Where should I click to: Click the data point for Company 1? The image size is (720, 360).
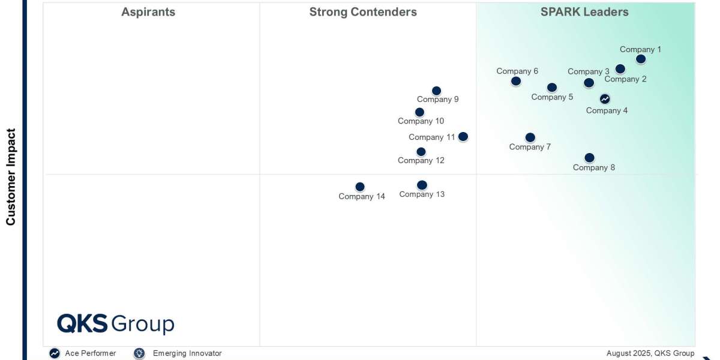641,59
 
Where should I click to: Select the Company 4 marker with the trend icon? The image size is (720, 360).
605,99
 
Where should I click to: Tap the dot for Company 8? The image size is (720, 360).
589,158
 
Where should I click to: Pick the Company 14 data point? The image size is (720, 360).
360,187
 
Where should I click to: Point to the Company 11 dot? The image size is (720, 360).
463,137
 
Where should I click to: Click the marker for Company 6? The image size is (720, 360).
516,81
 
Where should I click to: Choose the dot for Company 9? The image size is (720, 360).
437,91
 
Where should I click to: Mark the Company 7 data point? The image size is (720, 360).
530,137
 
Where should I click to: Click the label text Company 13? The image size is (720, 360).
422,194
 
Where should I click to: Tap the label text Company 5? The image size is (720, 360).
552,97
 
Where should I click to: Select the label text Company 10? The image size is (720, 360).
421,121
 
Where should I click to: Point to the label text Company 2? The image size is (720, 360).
625,79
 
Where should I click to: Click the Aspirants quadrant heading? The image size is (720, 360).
148,12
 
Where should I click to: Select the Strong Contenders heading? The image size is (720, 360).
363,12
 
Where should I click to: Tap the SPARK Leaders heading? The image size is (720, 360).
584,12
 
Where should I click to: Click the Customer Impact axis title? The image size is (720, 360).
11,176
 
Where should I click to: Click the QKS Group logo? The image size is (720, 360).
115,324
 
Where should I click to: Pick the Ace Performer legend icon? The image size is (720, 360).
55,353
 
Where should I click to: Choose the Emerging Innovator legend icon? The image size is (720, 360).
139,353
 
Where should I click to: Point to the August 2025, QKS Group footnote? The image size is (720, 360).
650,353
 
